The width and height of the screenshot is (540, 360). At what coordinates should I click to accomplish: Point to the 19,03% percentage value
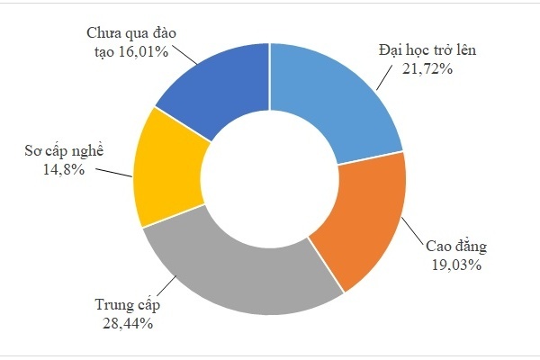coord(456,265)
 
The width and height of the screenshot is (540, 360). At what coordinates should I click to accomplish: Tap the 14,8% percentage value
coord(66,168)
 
